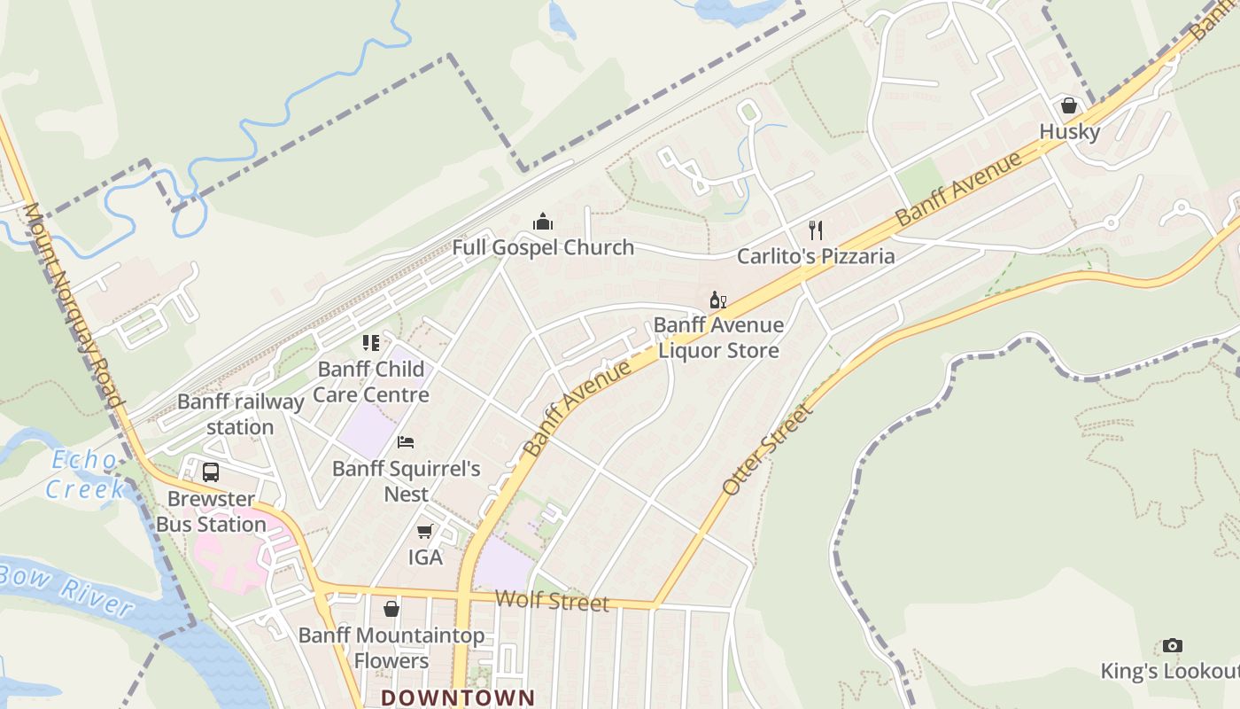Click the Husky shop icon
(x=1069, y=105)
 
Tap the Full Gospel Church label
(x=543, y=247)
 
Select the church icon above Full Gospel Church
(x=543, y=221)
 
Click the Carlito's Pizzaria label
(x=816, y=256)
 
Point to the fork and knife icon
(x=816, y=230)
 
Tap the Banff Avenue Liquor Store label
(x=718, y=338)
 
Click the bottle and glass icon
(x=717, y=300)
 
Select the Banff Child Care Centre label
(x=371, y=381)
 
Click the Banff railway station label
(x=241, y=414)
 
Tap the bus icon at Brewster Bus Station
(x=211, y=472)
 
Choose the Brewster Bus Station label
(x=211, y=511)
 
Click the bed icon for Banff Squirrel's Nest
(x=406, y=442)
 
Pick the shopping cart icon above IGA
(x=425, y=532)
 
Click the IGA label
(x=425, y=557)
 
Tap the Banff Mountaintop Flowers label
(x=391, y=648)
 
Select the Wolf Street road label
(x=552, y=602)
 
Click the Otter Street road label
(x=767, y=449)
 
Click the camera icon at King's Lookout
(x=1173, y=645)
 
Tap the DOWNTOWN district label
(x=458, y=697)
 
